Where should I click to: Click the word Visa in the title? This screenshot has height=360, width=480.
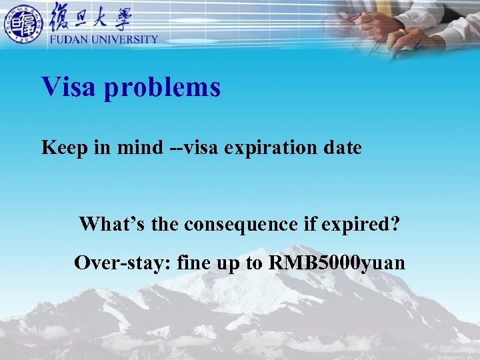point(69,87)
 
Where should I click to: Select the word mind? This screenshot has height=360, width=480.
point(139,147)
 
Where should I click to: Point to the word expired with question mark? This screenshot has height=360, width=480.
point(362,225)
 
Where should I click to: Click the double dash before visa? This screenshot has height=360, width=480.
point(174,148)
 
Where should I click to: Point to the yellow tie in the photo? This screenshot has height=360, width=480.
point(385,7)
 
